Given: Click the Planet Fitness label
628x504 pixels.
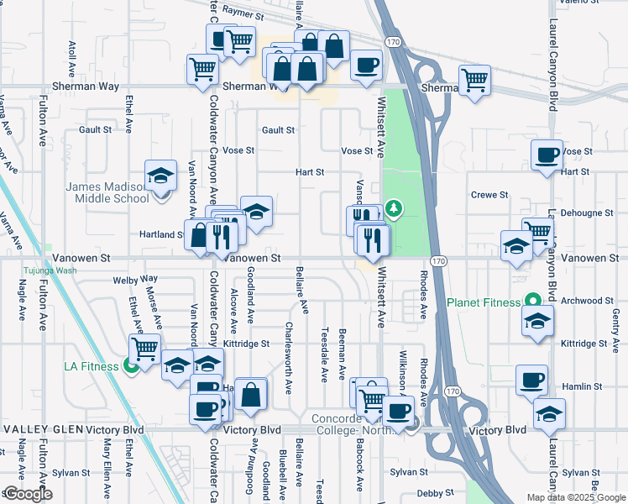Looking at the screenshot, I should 485,302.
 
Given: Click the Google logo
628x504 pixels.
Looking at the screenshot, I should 27,494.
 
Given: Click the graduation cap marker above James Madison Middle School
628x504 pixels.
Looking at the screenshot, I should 160,176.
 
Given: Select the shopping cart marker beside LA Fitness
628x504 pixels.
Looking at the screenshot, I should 145,348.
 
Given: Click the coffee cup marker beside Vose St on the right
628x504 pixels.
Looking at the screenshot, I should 547,155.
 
